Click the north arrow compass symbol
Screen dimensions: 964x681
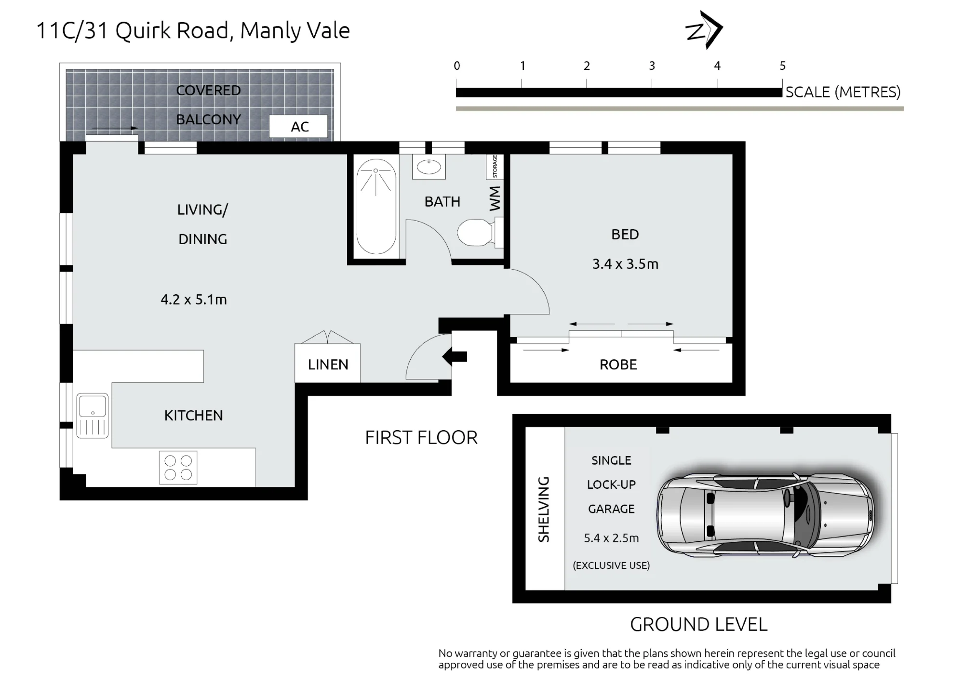point(704,30)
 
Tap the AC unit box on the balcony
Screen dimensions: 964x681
point(298,127)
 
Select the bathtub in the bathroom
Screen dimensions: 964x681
point(376,207)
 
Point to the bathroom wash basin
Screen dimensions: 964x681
point(428,167)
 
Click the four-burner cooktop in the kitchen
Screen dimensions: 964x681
point(178,467)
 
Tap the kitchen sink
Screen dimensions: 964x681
point(93,416)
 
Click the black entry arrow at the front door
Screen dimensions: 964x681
point(455,357)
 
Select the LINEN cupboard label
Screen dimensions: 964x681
point(328,365)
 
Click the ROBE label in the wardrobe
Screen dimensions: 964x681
point(618,365)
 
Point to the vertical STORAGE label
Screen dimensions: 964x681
point(495,167)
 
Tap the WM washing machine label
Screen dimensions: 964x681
point(495,198)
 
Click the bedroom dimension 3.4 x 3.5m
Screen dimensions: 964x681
point(625,264)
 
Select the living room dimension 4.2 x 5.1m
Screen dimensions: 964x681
point(194,300)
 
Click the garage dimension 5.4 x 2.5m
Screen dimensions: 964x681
point(611,538)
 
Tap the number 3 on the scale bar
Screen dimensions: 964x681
point(652,66)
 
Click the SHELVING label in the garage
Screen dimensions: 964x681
point(544,509)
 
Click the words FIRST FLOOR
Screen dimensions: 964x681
point(421,438)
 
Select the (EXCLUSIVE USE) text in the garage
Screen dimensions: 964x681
point(611,565)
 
